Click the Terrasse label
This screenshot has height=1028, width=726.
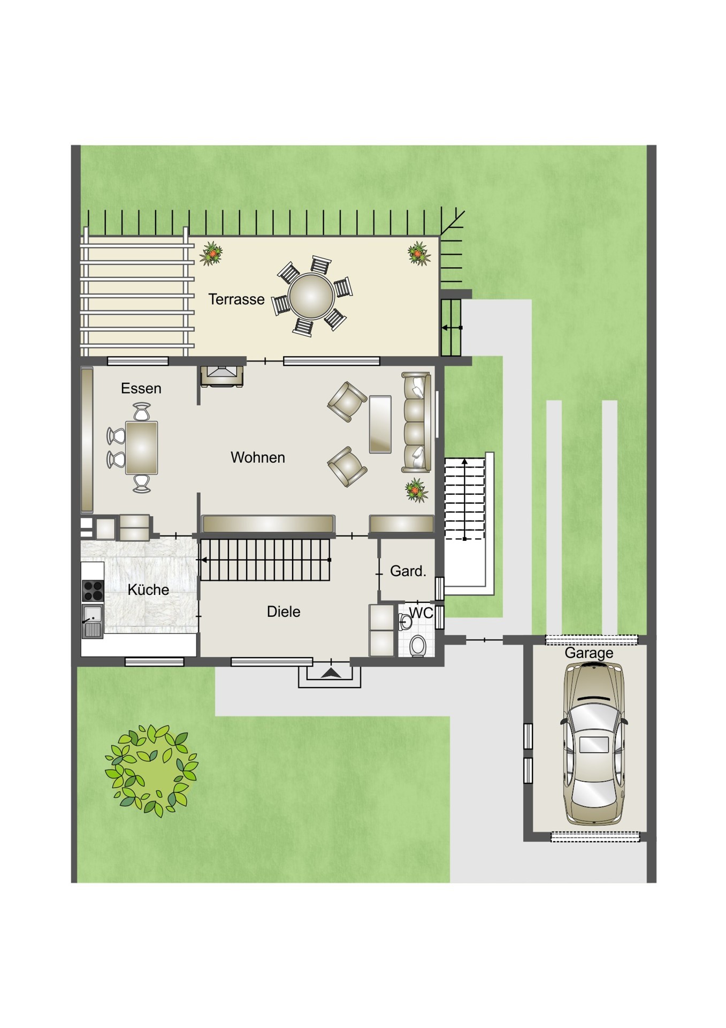coord(236,299)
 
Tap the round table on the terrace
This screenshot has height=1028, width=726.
coord(311,296)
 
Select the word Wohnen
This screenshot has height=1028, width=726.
coord(258,457)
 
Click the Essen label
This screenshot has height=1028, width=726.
coord(141,388)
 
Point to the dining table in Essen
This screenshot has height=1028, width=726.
coord(141,448)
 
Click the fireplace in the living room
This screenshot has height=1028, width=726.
coord(223,376)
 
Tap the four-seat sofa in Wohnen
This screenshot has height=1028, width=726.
coord(416,422)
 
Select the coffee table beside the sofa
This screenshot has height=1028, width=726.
coord(380,424)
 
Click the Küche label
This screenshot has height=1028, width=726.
coord(148,589)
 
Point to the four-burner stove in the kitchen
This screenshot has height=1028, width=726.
coord(92,589)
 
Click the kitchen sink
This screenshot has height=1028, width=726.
coord(92,621)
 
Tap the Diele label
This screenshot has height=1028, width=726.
coord(284,611)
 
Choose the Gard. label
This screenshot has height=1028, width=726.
coord(408,571)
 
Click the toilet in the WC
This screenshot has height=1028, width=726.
coord(417,646)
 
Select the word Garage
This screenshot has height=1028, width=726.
coord(589,654)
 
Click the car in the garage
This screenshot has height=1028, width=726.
coord(594,744)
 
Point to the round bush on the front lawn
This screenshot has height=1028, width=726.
coord(151,771)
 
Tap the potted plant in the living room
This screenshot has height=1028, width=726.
coord(416,490)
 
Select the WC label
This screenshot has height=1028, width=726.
coord(421,613)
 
